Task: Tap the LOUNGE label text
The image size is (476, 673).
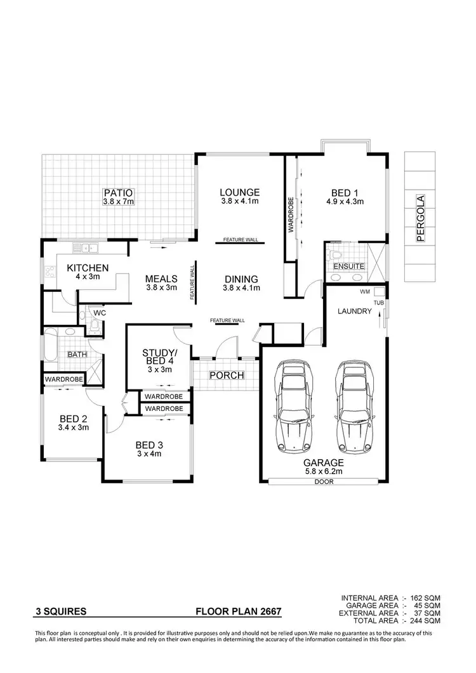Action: [240, 192]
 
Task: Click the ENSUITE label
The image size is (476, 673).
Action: [349, 266]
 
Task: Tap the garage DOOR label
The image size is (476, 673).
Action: [323, 482]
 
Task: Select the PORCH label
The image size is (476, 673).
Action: [227, 376]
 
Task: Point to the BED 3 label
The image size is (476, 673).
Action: [149, 445]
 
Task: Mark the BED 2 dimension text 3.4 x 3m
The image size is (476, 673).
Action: [74, 427]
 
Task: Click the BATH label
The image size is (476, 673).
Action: [77, 354]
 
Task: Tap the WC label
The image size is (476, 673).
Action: [99, 313]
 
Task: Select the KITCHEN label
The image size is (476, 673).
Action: [88, 268]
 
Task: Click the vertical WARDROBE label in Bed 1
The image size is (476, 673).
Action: [291, 216]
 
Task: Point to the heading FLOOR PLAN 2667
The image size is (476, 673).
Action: [238, 613]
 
